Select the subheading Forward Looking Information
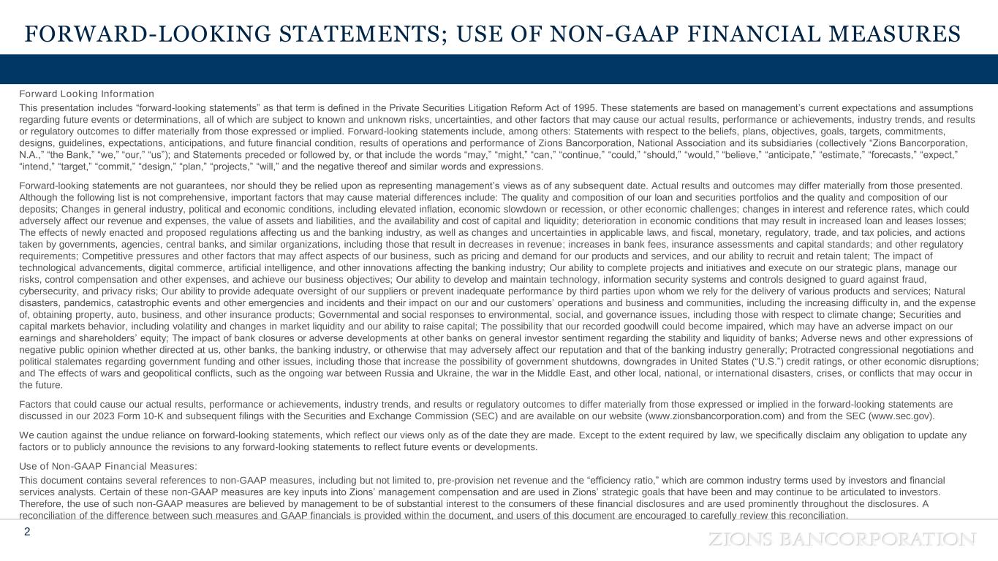[86, 94]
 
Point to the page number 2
[27, 532]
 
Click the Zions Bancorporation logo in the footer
[843, 539]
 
